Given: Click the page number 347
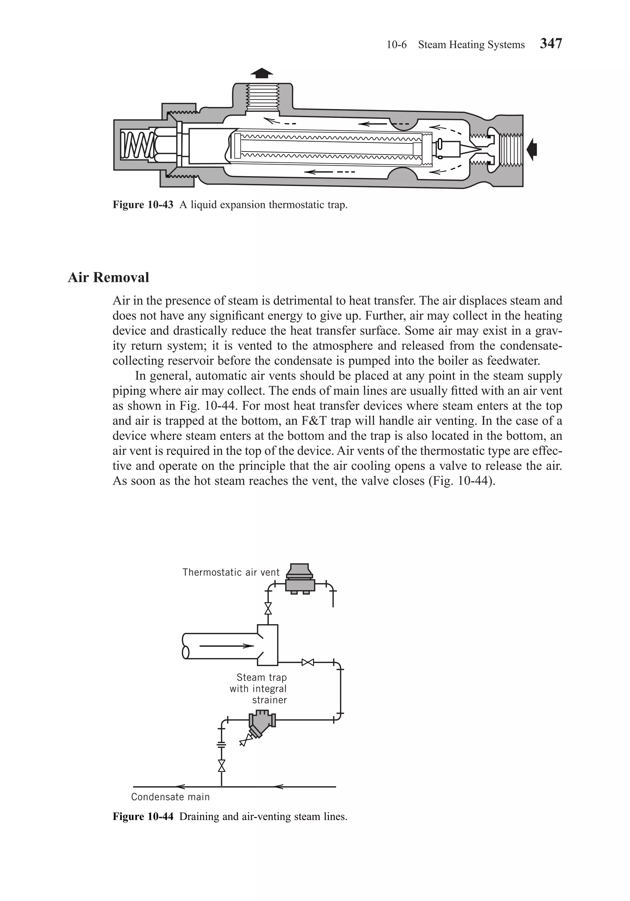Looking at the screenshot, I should pos(551,43).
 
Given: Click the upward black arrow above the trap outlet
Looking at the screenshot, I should pos(261,73).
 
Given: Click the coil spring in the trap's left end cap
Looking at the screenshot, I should pos(134,146).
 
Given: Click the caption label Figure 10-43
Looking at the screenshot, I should pos(143,205).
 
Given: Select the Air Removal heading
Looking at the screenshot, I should pos(109,277).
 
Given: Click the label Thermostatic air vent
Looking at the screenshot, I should pos(231,572).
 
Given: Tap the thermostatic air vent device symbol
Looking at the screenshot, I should pos(300,580).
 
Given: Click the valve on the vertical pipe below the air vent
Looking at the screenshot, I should pos(268,609).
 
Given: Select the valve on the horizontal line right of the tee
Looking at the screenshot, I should pos(308,663).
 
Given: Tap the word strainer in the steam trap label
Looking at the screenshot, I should pos(269,700).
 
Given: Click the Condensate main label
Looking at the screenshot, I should pos(170,797).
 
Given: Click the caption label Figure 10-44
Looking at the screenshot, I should pos(143,817).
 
